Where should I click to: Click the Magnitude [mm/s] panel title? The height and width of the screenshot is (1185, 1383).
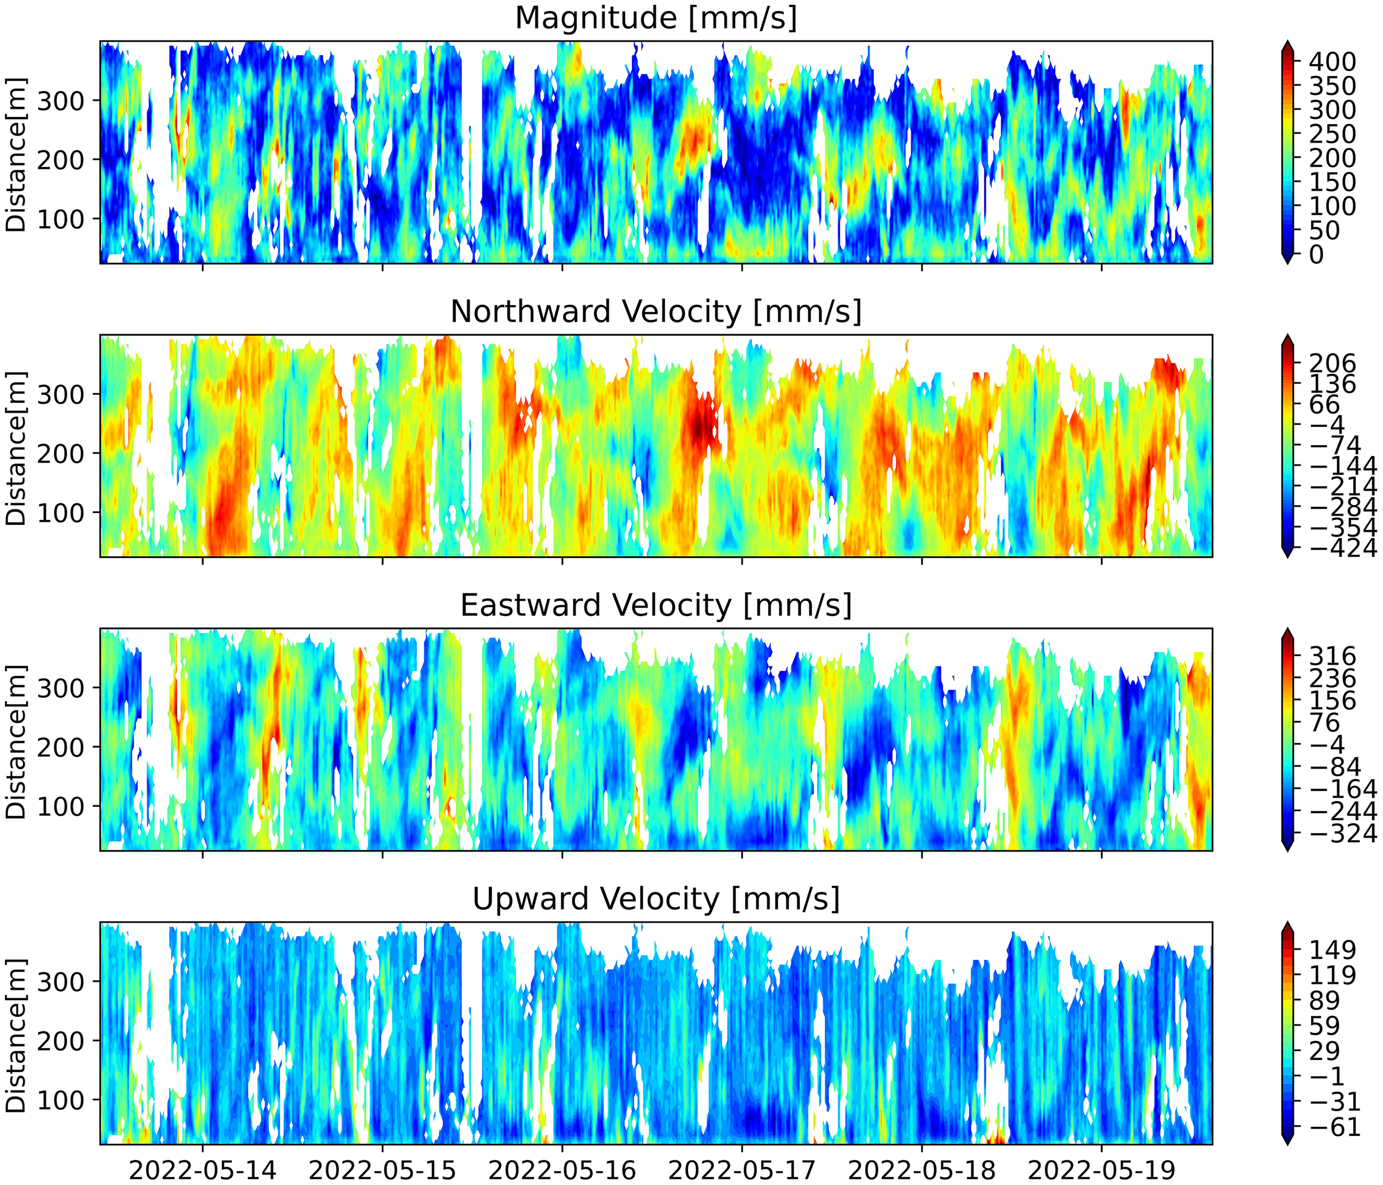656,18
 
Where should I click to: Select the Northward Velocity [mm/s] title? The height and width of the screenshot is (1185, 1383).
656,312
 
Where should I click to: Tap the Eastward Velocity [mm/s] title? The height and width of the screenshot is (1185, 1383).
656,605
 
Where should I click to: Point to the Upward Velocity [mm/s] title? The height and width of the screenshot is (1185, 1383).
656,899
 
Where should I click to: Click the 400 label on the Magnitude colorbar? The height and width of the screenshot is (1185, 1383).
1332,62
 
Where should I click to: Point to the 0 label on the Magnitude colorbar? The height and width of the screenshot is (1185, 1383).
1316,254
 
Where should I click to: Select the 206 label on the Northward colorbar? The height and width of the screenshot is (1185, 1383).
1332,364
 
